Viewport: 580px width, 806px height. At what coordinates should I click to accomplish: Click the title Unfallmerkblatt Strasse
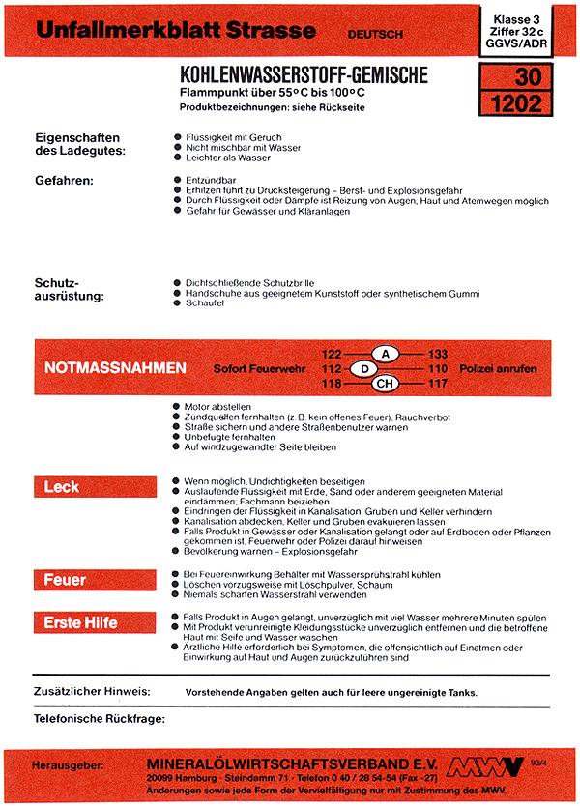tap(175, 31)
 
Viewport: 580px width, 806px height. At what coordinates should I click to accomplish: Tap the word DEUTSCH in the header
tap(376, 35)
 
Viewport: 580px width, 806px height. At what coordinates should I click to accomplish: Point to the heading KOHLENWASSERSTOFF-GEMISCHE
tap(304, 75)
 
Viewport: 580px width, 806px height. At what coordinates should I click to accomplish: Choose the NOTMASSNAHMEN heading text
tap(115, 368)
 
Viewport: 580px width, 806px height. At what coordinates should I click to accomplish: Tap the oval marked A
tap(385, 355)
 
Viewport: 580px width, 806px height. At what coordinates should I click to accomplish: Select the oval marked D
tap(363, 369)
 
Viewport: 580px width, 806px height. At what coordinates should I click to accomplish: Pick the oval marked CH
tap(385, 385)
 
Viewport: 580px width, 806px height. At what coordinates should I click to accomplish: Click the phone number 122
tap(333, 355)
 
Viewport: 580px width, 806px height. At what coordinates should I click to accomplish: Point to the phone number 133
tap(437, 355)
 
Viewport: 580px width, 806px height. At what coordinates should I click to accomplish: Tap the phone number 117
tap(437, 385)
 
